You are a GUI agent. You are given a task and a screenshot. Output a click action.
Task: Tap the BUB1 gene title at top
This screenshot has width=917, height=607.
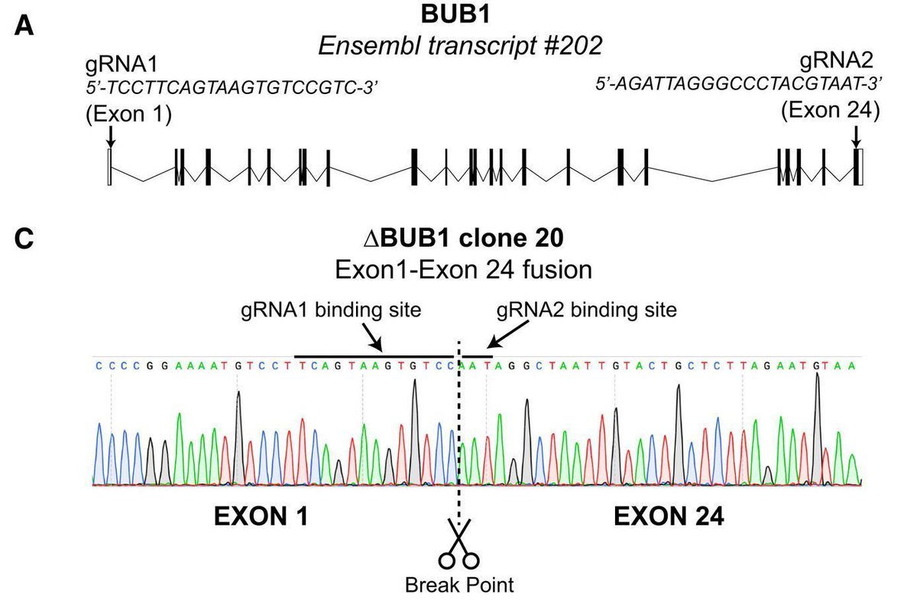point(459,15)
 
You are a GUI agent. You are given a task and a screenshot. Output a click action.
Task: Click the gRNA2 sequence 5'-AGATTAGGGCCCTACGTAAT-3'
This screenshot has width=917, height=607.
point(739,83)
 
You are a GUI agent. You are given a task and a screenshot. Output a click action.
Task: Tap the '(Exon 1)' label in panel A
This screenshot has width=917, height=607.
point(128,114)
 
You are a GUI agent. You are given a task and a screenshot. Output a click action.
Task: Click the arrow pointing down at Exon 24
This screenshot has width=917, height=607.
point(856,135)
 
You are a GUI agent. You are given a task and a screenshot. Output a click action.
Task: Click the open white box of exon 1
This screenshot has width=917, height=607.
point(110,167)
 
